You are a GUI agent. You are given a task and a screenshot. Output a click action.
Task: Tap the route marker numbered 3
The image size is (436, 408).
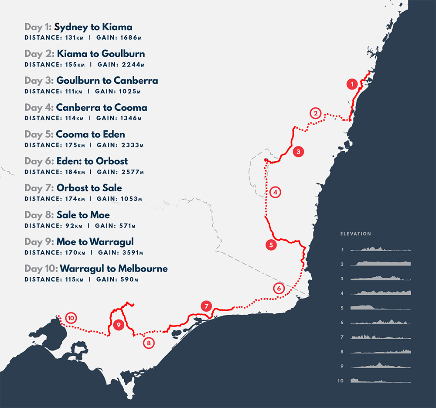[298, 152]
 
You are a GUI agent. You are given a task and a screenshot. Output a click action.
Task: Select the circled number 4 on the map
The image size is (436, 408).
[275, 191]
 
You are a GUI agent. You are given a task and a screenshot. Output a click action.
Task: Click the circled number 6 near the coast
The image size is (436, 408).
[279, 288]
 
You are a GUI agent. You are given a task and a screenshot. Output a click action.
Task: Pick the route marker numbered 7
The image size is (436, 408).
[206, 306]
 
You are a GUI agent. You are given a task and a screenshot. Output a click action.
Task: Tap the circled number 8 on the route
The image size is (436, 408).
[149, 343]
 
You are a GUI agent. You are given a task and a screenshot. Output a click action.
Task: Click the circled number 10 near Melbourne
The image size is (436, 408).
[70, 317]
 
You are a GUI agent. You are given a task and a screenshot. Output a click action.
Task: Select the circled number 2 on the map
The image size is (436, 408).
[315, 113]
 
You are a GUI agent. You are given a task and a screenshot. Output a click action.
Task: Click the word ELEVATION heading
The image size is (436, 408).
[356, 234]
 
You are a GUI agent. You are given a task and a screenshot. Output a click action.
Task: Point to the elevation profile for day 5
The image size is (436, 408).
[380, 307]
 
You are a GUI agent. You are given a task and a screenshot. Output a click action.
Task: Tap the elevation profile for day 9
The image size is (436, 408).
[380, 366]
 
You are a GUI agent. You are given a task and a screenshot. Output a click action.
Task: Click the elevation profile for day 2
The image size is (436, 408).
[380, 263]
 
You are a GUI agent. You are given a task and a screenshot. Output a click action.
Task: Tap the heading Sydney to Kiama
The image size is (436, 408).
[93, 27]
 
